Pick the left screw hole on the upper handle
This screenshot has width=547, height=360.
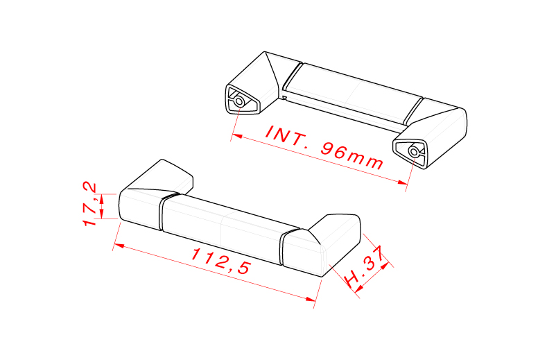pyautogui.click(x=239, y=101)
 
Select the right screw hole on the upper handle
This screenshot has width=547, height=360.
pyautogui.click(x=414, y=151)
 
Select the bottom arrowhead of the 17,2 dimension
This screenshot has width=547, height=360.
pyautogui.click(x=102, y=215)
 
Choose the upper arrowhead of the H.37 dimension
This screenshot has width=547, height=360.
pyautogui.click(x=388, y=262)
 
